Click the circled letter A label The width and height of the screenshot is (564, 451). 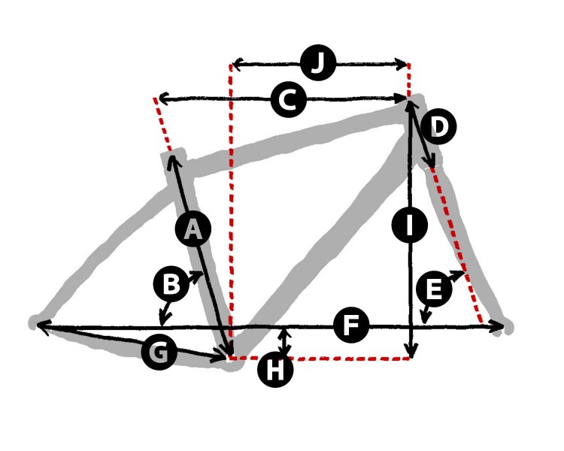pos(193,229)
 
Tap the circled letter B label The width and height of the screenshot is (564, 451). pos(171,284)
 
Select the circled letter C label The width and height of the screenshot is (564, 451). pos(289,100)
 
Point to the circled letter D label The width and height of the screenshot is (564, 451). pos(439,126)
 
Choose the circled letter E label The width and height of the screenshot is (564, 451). pos(434,289)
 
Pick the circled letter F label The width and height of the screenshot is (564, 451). pos(351,325)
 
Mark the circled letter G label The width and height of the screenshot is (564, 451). pos(159,352)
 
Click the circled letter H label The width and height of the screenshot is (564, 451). pos(275,369)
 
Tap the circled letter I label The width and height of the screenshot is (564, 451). pos(410,225)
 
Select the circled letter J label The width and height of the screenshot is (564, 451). pos(318,63)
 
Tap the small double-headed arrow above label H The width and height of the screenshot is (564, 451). pos(285,343)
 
